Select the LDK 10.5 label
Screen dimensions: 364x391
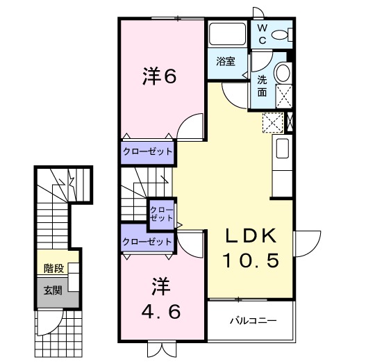pos(251,248)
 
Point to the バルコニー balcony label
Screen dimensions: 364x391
pos(253,321)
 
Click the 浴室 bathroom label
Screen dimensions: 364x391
pos(225,61)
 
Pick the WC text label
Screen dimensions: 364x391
pos(263,33)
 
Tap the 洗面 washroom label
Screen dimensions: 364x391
pos(262,85)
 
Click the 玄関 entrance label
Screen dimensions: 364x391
pos(53,290)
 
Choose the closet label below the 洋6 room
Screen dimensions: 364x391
pos(147,150)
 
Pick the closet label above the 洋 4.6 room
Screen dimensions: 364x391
pos(147,242)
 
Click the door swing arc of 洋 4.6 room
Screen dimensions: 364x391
pos(189,243)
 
